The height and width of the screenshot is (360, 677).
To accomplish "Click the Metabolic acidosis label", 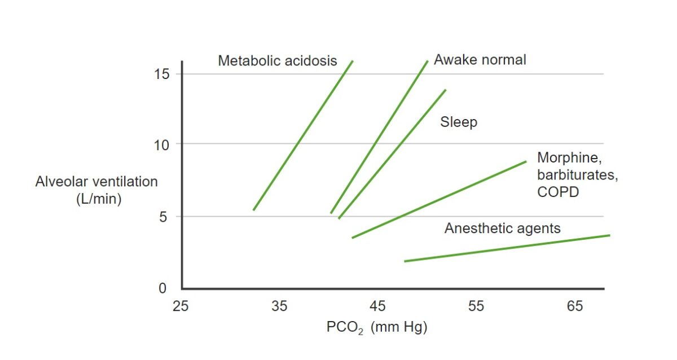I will pos(277,61).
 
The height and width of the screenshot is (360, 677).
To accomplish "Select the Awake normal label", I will pos(480,59).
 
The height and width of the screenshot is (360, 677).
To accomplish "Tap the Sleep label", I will pos(459,122).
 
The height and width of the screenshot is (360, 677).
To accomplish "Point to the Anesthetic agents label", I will pos(502,228).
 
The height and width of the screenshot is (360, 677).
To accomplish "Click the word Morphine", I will pos(566,158).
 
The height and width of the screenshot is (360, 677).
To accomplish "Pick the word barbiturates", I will pos(577,175).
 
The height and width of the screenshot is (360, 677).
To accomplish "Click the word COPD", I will pos(559,192).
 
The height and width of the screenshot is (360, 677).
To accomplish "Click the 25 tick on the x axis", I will pos(181,306).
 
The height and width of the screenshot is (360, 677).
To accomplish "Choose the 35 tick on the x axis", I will pos(279,306).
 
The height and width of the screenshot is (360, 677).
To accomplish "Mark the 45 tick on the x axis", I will pos(377,306).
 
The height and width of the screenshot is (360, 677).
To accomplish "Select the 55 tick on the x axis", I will pos(476,306).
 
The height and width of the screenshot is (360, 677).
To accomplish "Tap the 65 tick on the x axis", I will pos(574,306).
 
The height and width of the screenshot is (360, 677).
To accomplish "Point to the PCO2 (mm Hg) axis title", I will pos(376,327).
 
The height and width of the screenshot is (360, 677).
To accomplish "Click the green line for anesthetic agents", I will pos(508,248).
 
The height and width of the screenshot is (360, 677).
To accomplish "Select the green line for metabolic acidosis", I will pos(303,135).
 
